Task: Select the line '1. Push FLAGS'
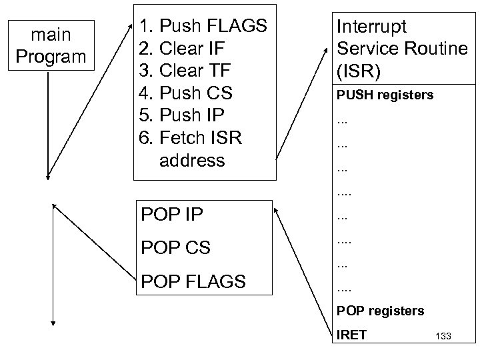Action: pos(203,27)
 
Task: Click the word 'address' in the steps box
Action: pos(192,160)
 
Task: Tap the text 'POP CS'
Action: pos(175,248)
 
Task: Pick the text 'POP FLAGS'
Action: pos(193,281)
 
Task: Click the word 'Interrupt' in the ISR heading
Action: pos(371,27)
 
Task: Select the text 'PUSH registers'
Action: pos(385,95)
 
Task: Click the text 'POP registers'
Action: pos(380,311)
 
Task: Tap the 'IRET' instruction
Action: pos(351,335)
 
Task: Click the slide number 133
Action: pos(442,337)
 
